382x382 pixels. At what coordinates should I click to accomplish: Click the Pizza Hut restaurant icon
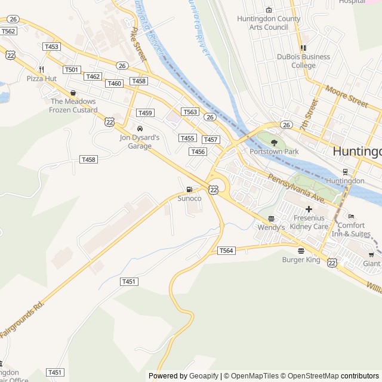coord(41,69)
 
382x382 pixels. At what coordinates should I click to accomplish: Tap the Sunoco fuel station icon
coord(189,190)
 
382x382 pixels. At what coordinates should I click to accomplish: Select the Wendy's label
coord(271,227)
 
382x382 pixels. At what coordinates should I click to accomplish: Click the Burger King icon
coord(301,251)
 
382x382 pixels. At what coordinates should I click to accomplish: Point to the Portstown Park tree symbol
coord(274,143)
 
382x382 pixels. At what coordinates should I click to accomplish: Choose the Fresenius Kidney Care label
coord(309,223)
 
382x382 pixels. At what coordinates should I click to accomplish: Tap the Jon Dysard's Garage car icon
coord(140,128)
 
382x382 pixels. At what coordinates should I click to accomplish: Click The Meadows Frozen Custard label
coord(73,106)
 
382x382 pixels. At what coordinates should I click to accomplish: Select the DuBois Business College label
coord(303,61)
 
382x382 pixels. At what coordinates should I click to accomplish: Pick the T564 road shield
coord(226,251)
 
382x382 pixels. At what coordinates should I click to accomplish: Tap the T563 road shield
coord(190,112)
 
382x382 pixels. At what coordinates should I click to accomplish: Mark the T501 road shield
coord(72,70)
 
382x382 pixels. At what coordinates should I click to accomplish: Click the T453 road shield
coord(51,47)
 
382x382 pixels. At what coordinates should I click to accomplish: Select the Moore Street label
coord(346,95)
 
